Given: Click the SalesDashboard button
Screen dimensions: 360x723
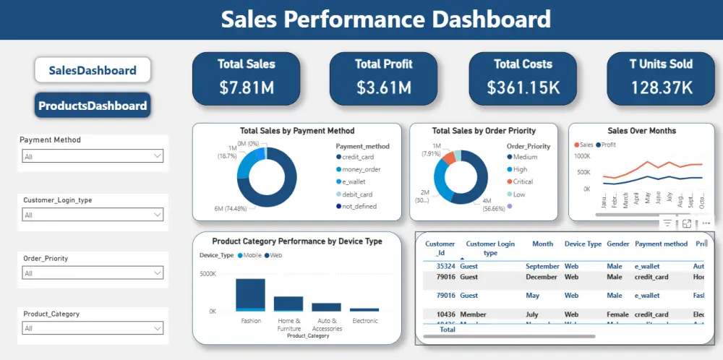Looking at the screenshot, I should [93, 70].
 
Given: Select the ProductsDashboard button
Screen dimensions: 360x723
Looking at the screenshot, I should [93, 106].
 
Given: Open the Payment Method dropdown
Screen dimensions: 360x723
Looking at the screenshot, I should [93, 156].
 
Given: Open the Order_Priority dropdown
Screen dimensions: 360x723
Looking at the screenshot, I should [93, 273].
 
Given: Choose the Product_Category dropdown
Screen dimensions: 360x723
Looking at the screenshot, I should [93, 328].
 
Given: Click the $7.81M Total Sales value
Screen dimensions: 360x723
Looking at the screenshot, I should [246, 88].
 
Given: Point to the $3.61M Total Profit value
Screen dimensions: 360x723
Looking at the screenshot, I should [383, 88].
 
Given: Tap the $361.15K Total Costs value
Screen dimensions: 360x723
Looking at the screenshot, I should [523, 88].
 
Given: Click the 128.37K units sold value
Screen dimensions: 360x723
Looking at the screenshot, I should [661, 88].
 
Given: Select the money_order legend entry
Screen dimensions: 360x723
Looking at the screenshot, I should [361, 169].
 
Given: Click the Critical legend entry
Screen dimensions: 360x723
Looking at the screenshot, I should [523, 181].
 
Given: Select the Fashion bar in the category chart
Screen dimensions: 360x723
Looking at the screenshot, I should [250, 295].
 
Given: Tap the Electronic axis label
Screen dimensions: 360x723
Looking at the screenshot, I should [364, 320].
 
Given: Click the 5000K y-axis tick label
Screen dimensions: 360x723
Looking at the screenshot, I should [208, 274].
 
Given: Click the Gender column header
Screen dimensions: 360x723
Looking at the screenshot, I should [617, 244].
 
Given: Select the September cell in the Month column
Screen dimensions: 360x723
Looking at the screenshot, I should [542, 266].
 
